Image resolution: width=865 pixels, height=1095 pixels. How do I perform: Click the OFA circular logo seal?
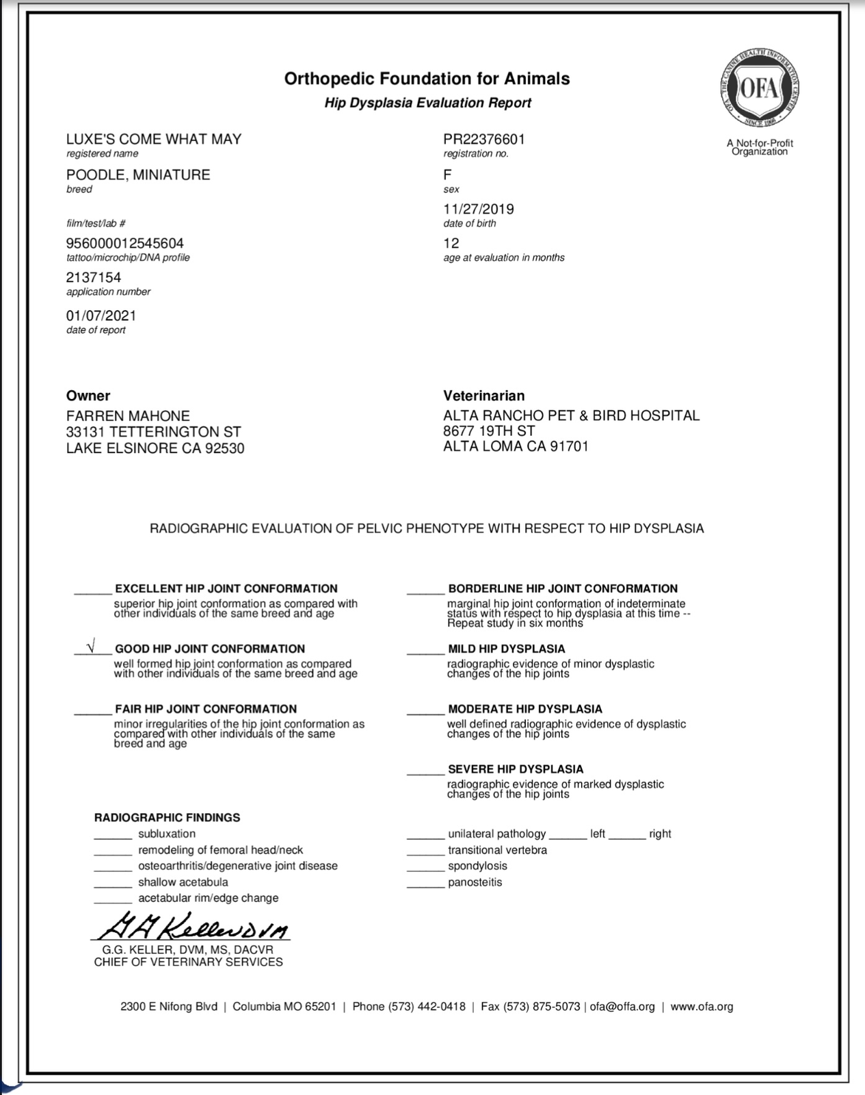760,89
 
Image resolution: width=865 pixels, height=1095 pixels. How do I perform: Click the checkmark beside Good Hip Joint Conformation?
91,645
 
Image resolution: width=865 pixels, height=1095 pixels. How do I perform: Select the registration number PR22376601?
484,139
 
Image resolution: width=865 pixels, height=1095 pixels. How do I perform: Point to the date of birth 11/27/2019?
479,209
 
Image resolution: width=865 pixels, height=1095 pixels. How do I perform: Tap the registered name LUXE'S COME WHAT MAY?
154,139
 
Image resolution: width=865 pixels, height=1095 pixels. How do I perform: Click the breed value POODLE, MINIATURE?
138,175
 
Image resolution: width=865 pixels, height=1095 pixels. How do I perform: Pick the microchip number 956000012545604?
124,243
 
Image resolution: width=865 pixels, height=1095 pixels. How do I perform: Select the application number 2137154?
94,277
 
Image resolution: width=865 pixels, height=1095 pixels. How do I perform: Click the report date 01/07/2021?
101,315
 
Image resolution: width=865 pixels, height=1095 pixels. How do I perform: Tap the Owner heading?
88,396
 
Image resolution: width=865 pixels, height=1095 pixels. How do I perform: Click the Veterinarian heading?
484,396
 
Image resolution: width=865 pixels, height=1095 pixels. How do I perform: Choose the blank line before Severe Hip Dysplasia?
425,773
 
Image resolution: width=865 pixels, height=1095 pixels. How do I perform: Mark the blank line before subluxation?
113,838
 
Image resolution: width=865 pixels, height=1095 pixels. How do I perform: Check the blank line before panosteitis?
425,886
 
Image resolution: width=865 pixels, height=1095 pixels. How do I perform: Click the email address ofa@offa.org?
622,1006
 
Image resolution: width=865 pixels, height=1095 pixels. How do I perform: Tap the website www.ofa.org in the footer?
702,1006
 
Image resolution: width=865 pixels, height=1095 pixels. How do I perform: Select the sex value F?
447,175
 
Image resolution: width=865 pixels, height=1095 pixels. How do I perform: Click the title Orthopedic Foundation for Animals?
427,79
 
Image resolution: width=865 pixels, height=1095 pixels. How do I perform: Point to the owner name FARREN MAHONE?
128,415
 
